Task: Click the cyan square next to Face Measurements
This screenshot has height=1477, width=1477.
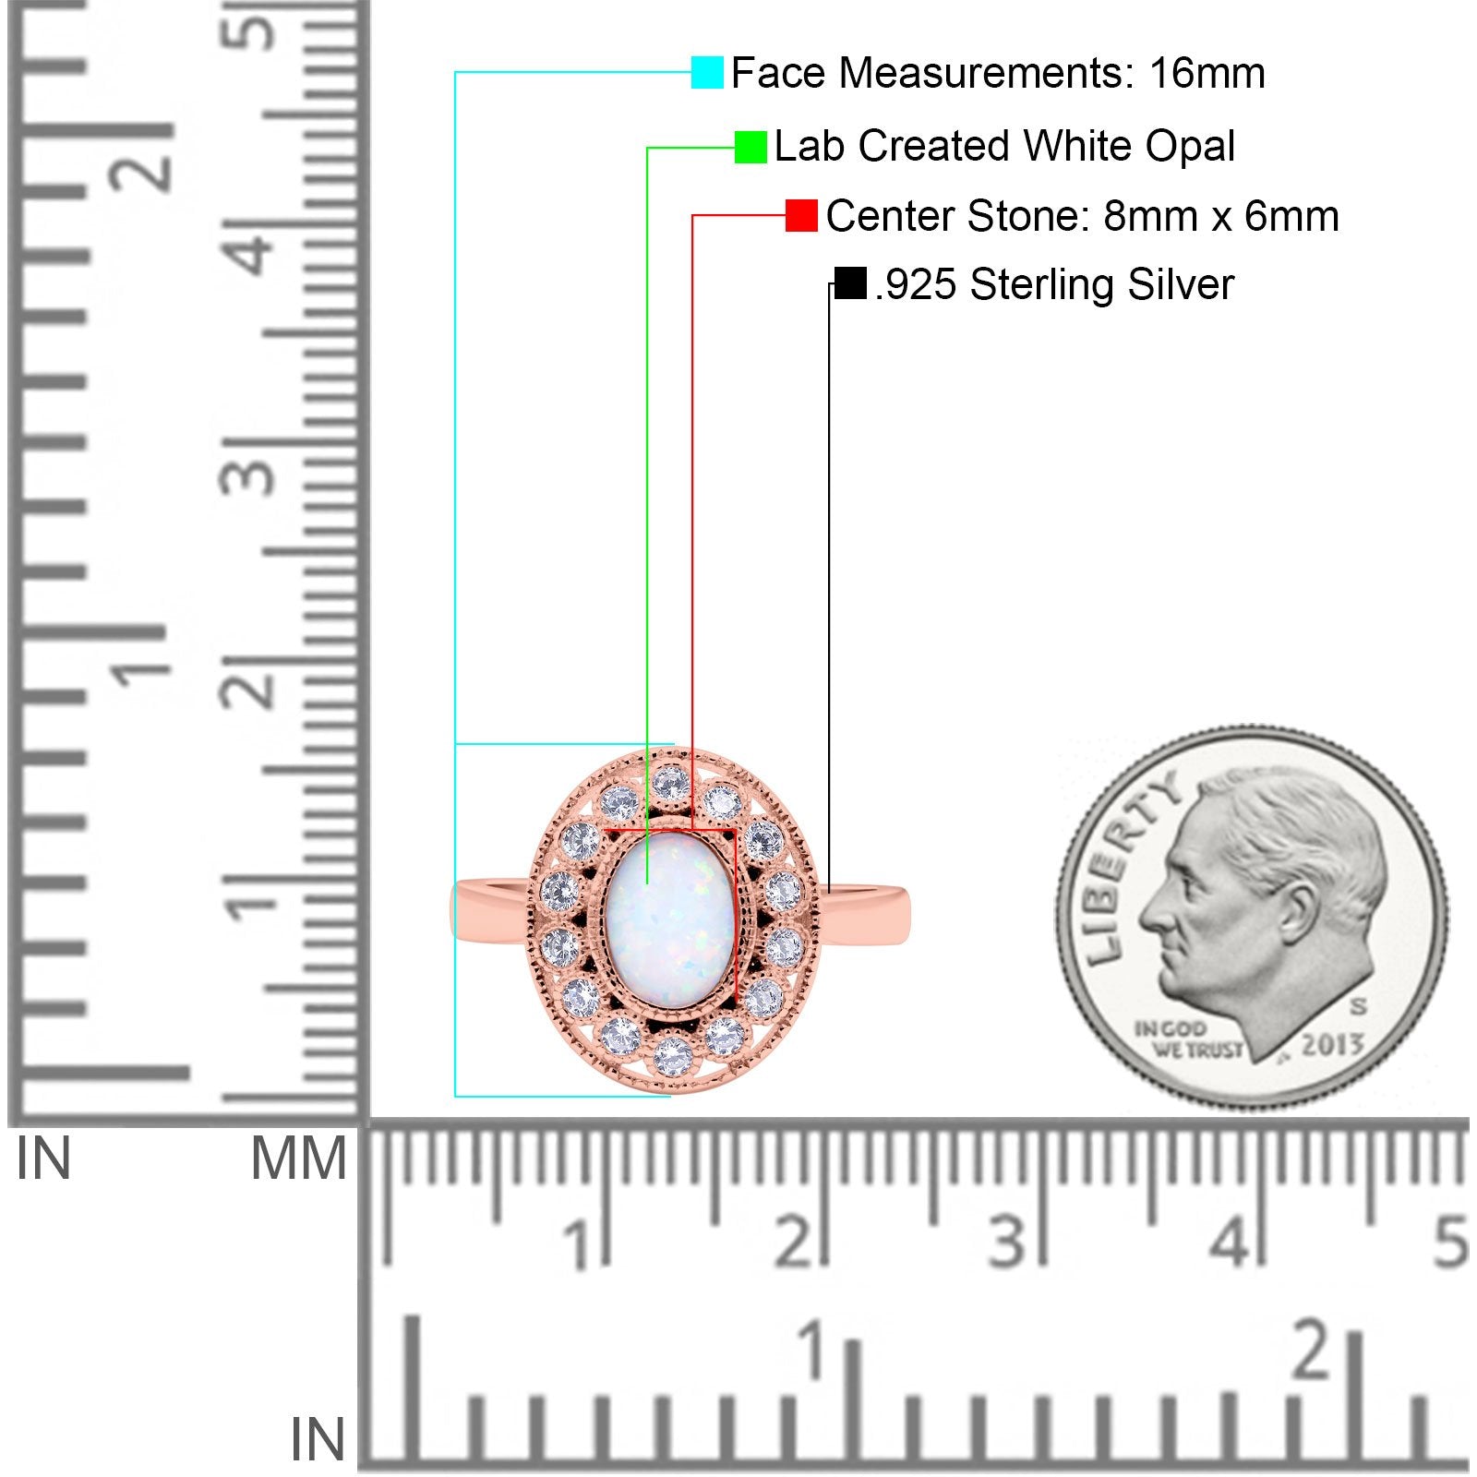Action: pos(707,73)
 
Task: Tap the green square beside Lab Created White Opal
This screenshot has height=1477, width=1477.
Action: pos(751,147)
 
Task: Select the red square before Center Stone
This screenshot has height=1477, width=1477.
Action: pos(801,216)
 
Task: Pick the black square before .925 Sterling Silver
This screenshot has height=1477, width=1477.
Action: pos(849,283)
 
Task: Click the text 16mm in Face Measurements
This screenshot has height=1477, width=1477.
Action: pos(1207,73)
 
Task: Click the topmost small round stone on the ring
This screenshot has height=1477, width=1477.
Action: pos(666,784)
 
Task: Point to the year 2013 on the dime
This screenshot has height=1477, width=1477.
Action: pos(1332,1045)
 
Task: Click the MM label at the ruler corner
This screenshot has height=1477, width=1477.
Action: pos(297,1160)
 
